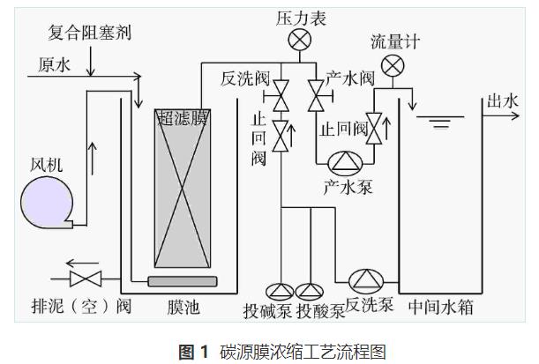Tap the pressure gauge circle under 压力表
coord(302,40)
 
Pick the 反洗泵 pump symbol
coord(363,280)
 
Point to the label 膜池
coord(183,309)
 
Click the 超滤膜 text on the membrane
coord(183,117)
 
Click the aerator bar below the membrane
coord(183,280)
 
